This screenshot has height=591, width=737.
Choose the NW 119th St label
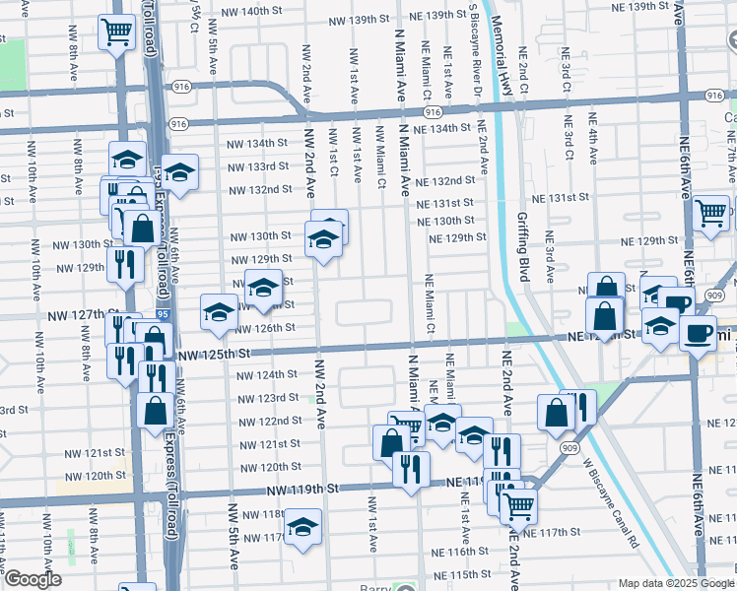pos(306,488)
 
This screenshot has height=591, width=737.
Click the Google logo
pos(32,579)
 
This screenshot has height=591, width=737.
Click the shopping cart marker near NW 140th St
pos(117,33)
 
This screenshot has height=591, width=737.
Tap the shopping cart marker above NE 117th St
pos(517,506)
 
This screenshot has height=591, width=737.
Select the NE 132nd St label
pos(445,181)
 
